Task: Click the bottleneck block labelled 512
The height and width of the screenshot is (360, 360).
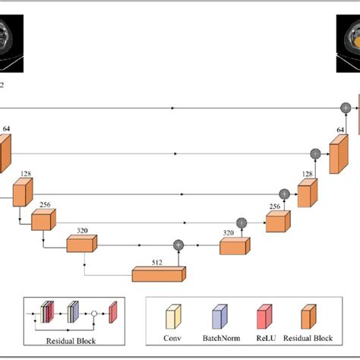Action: (x=159, y=273)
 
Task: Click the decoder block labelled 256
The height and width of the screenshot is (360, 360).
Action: (x=277, y=220)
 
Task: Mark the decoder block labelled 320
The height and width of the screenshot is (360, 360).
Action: (x=233, y=246)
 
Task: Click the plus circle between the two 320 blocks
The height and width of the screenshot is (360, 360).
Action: (x=179, y=245)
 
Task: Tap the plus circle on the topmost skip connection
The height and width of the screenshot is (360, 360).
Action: (x=346, y=109)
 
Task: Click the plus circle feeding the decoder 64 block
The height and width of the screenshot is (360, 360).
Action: (x=315, y=153)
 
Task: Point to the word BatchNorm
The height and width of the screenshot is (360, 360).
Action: (x=216, y=339)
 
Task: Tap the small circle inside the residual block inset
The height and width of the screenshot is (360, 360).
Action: (x=94, y=312)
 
